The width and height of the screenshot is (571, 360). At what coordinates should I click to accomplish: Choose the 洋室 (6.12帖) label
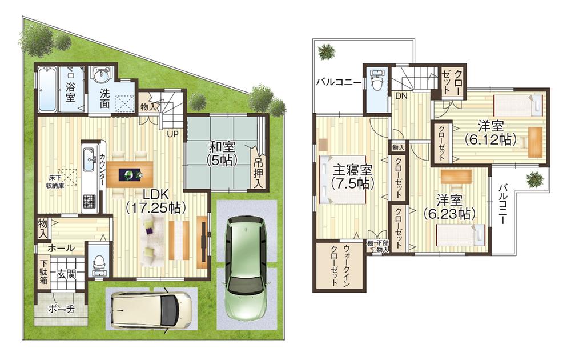pyautogui.click(x=490, y=133)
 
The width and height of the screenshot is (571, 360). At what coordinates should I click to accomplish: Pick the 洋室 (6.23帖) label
pyautogui.click(x=449, y=207)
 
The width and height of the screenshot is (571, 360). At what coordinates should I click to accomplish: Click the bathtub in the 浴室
pyautogui.click(x=47, y=90)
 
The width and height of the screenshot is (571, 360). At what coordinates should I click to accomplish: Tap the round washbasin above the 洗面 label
pyautogui.click(x=103, y=76)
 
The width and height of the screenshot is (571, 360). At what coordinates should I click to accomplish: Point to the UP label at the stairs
pyautogui.click(x=171, y=135)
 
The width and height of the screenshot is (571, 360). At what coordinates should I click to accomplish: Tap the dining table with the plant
pyautogui.click(x=130, y=172)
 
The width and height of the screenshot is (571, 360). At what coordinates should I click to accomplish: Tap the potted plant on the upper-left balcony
pyautogui.click(x=327, y=52)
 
